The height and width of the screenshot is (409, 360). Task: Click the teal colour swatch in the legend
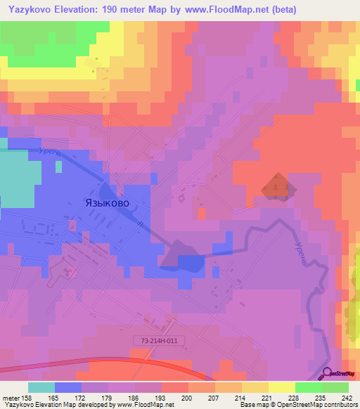tap(41, 387)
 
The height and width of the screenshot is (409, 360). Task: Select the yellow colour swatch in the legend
tap(281, 387)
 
